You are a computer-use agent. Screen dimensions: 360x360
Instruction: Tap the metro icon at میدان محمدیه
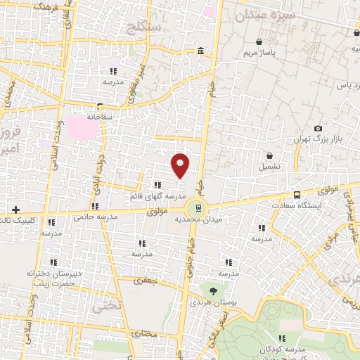click(198, 207)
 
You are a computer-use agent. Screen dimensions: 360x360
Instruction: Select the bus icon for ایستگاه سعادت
click(297, 194)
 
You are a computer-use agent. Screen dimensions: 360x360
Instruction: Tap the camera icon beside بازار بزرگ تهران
click(318, 128)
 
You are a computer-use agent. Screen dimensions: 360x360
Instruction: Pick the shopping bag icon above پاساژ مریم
click(260, 42)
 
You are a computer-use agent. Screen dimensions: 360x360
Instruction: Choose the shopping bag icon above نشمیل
click(269, 155)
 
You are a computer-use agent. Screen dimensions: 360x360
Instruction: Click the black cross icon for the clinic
click(15, 210)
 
